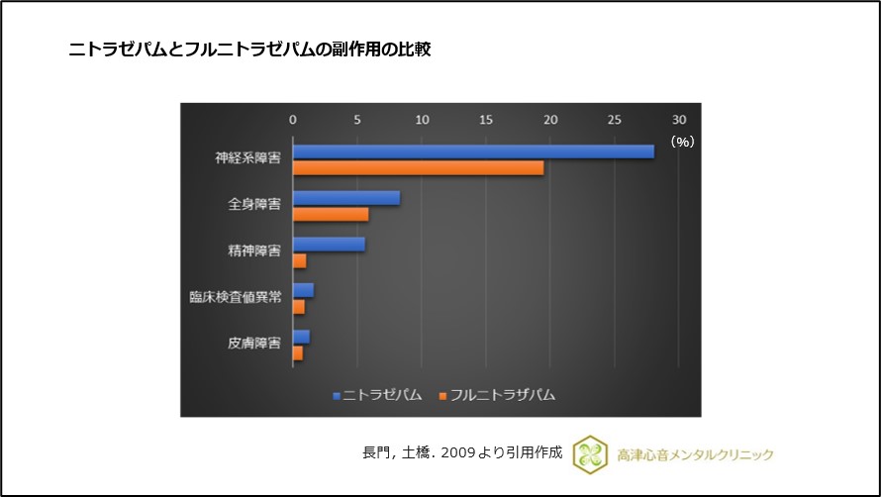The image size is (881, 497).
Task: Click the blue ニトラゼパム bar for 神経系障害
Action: (x=473, y=151)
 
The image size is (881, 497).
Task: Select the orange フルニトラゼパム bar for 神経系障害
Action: (x=418, y=167)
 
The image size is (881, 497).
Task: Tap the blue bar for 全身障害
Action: (x=345, y=198)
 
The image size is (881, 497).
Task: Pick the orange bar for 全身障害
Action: (x=330, y=214)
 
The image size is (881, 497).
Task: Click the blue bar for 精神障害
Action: (x=329, y=245)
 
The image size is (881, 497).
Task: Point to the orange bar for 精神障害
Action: (x=299, y=260)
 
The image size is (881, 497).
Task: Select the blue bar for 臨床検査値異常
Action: (x=303, y=290)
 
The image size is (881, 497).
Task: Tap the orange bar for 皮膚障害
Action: (x=298, y=352)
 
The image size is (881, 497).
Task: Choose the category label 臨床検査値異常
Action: (x=235, y=297)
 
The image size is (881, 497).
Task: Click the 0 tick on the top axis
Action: (x=292, y=120)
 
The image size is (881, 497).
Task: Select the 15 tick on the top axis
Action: (x=485, y=120)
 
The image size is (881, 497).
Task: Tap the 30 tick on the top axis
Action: (x=679, y=120)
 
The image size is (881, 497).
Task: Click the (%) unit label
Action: (x=682, y=142)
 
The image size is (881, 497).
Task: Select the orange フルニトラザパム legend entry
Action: (x=496, y=395)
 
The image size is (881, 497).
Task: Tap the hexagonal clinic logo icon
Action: (x=591, y=454)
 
